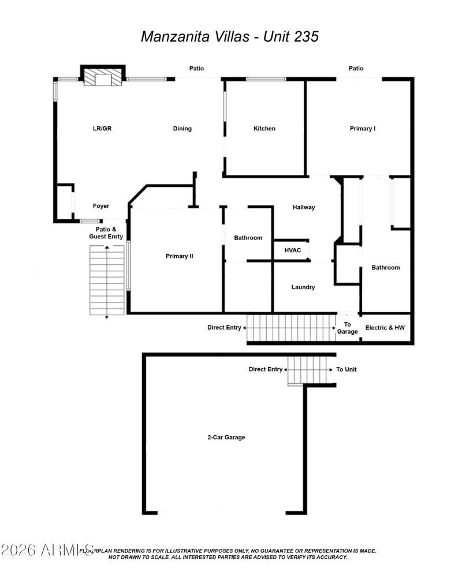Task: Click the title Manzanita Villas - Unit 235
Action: click(230, 36)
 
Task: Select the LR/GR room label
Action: click(102, 129)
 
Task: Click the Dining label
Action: click(182, 129)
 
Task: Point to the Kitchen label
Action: click(264, 129)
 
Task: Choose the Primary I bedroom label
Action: click(363, 129)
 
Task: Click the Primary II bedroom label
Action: click(180, 256)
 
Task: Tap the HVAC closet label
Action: click(292, 250)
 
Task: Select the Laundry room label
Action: click(303, 287)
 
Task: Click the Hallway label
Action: click(304, 207)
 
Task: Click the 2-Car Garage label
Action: click(226, 437)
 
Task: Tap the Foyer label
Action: click(101, 206)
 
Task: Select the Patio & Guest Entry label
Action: click(106, 233)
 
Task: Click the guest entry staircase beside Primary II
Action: click(107, 280)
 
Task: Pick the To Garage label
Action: click(348, 328)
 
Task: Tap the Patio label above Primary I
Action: click(356, 69)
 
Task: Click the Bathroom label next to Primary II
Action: click(248, 238)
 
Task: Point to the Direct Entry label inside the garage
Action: click(266, 369)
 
